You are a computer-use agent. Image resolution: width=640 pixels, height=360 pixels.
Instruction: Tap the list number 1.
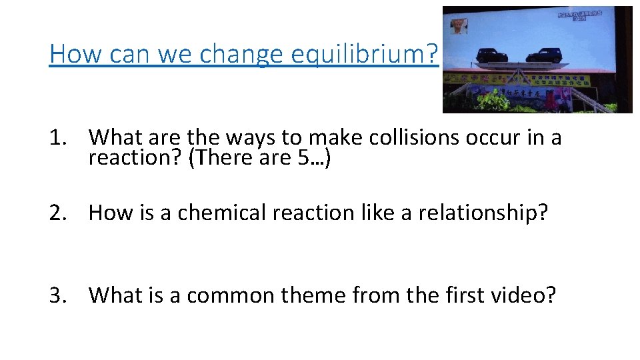[55, 137]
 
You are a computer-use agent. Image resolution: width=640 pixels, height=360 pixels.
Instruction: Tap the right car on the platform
[543, 55]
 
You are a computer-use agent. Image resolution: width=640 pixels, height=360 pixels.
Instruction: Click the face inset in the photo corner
[459, 25]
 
